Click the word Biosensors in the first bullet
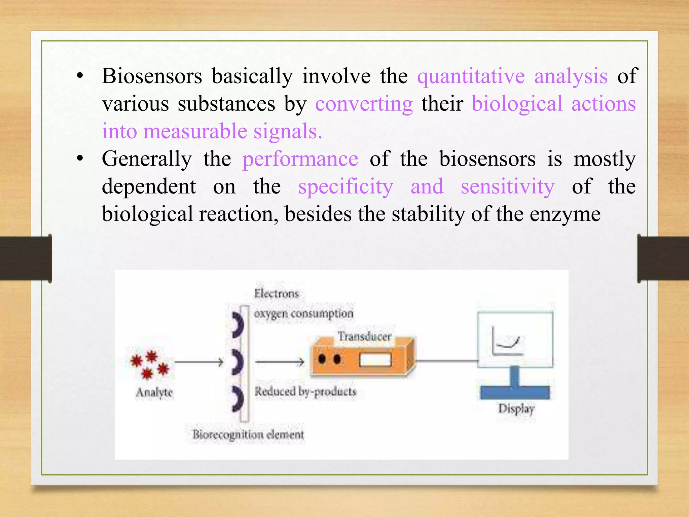152,76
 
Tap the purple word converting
364,104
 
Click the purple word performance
300,160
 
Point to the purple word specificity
346,187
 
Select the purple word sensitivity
507,187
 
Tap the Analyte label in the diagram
154,392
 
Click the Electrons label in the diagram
276,294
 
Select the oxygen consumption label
303,314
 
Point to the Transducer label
365,336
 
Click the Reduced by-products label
305,391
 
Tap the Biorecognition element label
248,435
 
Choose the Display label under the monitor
516,409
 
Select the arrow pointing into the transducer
280,362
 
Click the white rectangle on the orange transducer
375,360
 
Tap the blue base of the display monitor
514,392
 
